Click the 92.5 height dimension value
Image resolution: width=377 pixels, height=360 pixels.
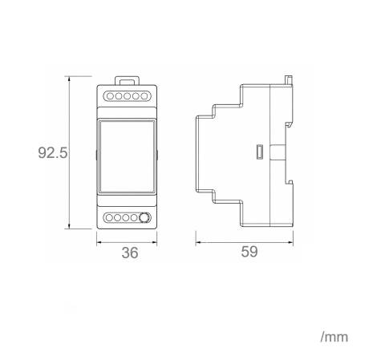pos(53,153)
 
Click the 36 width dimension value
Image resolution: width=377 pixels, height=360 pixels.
pos(130,253)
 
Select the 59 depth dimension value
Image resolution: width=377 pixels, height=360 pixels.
pos(249,252)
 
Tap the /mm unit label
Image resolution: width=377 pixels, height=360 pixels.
pos(334,338)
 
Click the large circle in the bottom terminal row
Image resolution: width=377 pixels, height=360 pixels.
pos(144,217)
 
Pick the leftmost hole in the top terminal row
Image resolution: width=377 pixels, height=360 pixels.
pos(110,96)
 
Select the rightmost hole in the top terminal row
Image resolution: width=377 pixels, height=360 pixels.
pos(144,96)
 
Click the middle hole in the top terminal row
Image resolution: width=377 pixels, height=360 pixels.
pos(127,96)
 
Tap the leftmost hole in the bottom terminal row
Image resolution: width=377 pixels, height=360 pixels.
pos(109,217)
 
